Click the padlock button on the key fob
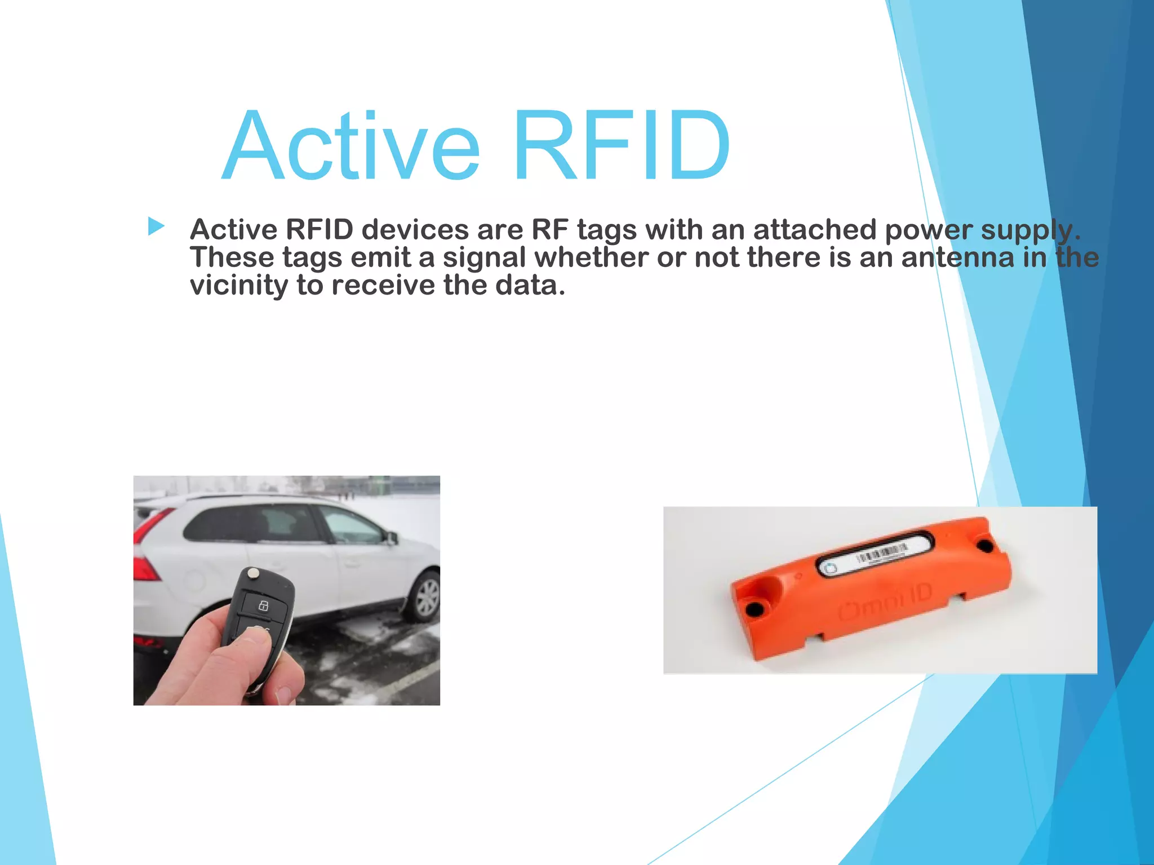(x=263, y=606)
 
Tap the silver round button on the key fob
(x=254, y=573)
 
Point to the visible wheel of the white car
(x=426, y=597)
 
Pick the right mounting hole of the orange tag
(x=986, y=545)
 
